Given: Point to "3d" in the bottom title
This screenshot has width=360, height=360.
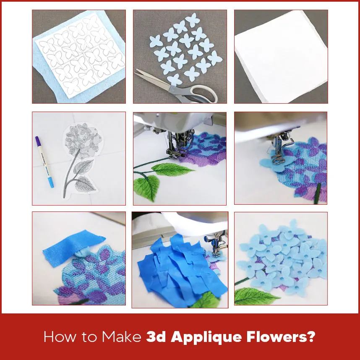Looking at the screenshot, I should (x=156, y=337).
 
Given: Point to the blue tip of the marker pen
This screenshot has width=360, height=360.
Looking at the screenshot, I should (x=51, y=183).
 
